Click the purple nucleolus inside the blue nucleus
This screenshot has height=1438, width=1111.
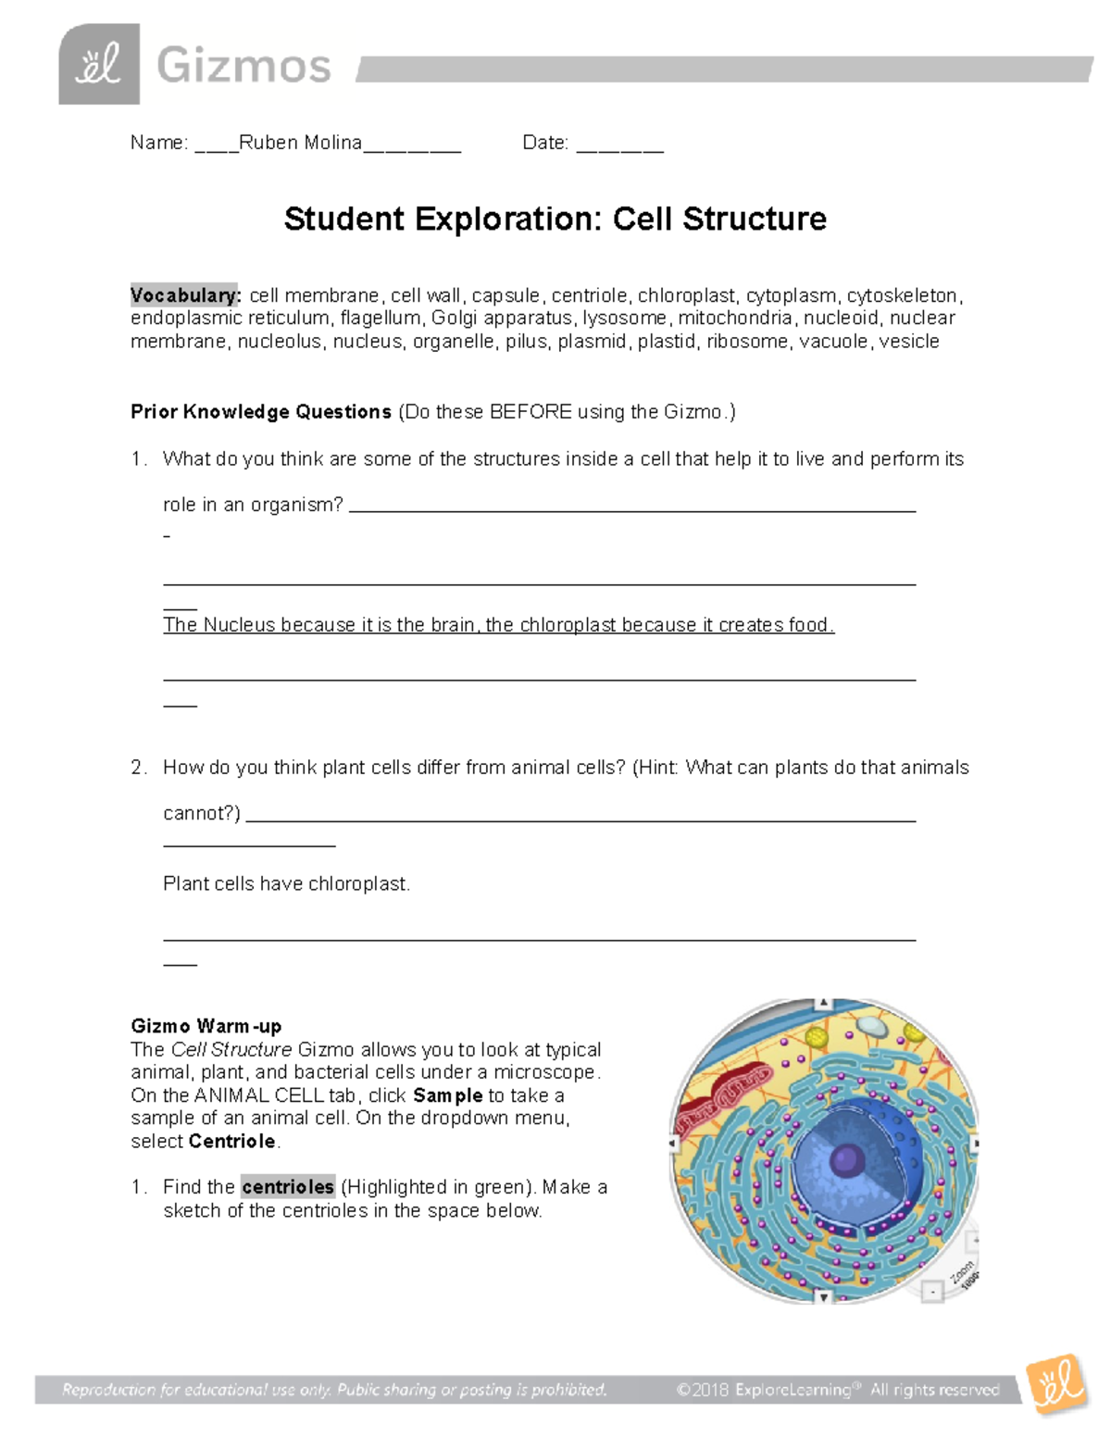pyautogui.click(x=846, y=1158)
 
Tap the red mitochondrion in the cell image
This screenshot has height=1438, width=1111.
pyautogui.click(x=723, y=1098)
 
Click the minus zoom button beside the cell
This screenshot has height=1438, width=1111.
pyautogui.click(x=932, y=1292)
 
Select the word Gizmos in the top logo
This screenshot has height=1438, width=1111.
pyautogui.click(x=243, y=67)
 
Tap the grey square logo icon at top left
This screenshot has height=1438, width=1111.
pyautogui.click(x=99, y=64)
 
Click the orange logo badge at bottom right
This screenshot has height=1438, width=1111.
pyautogui.click(x=1056, y=1384)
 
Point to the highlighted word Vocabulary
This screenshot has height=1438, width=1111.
pyautogui.click(x=185, y=295)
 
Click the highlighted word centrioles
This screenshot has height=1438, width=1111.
pyautogui.click(x=287, y=1187)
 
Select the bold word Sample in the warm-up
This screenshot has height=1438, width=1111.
pyautogui.click(x=447, y=1095)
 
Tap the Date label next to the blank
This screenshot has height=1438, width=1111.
pyautogui.click(x=544, y=143)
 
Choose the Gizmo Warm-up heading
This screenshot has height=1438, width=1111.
pyautogui.click(x=206, y=1026)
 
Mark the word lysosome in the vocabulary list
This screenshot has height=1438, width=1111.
pyautogui.click(x=624, y=319)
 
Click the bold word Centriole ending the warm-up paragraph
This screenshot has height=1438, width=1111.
pyautogui.click(x=232, y=1142)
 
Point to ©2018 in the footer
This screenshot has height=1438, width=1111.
pyautogui.click(x=703, y=1390)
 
